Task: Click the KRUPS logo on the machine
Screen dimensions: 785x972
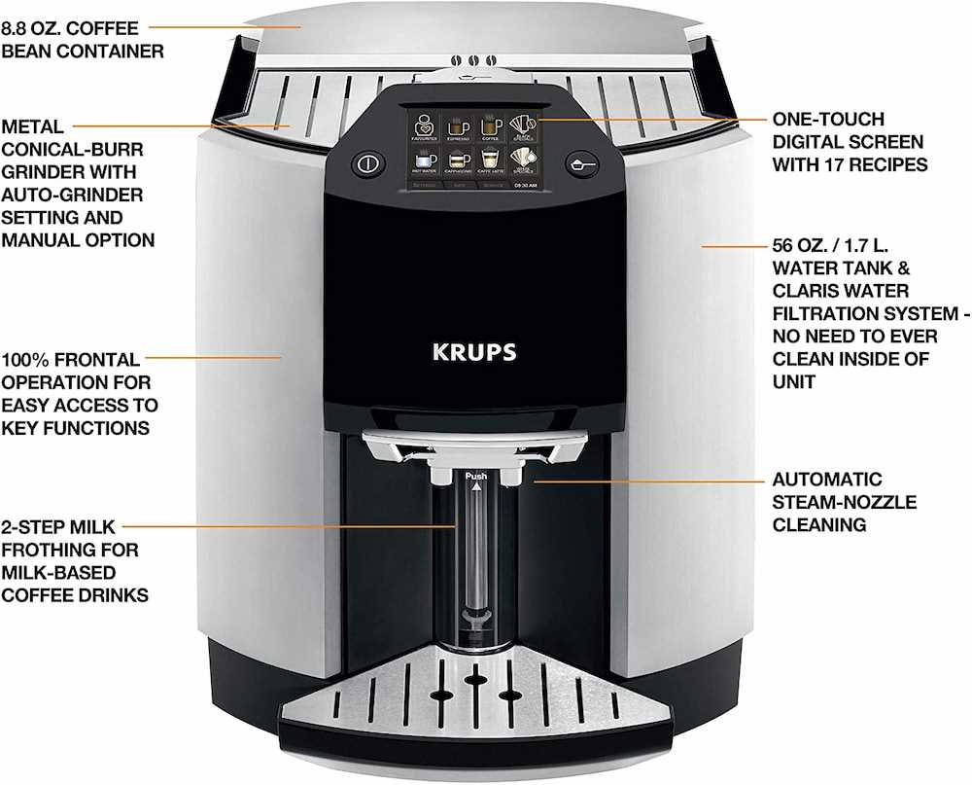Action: [474, 351]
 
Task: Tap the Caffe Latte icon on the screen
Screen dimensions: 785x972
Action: [489, 163]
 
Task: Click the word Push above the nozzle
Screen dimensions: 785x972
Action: [475, 476]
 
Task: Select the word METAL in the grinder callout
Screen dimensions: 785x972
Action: [33, 126]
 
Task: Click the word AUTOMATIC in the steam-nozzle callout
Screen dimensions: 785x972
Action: [827, 480]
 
